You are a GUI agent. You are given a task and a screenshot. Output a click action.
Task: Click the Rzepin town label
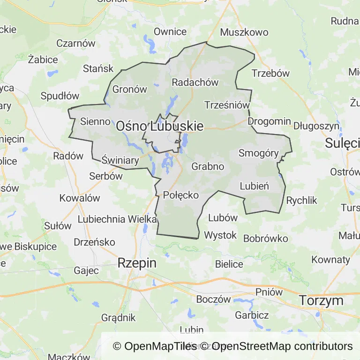[137, 263]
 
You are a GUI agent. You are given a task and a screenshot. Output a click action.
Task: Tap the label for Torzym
[321, 300]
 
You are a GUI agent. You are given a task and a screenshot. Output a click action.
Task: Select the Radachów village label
[195, 82]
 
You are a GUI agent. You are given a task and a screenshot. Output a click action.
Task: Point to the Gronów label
[130, 90]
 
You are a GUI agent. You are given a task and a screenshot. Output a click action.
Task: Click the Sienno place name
[95, 121]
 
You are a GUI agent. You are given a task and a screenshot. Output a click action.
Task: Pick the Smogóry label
[259, 153]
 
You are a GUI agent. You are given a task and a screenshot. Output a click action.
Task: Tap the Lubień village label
[254, 186]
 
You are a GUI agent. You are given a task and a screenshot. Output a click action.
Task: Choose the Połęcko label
[181, 195]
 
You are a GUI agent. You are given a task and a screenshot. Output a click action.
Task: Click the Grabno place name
[208, 166]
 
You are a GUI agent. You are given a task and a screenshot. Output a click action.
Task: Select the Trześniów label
[227, 105]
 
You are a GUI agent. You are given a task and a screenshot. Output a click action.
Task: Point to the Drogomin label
[269, 121]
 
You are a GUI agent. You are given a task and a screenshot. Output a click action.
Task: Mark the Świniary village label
[120, 161]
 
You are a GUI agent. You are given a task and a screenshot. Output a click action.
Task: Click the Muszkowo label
[244, 32]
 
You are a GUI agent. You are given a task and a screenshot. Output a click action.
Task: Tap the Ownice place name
[170, 32]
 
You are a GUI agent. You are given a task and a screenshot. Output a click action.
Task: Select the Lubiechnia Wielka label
[117, 219]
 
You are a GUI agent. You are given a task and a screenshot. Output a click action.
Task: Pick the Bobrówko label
[265, 238]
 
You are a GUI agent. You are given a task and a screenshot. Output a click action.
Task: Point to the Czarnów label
[75, 43]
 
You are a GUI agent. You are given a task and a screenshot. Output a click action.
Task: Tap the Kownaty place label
[330, 259]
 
